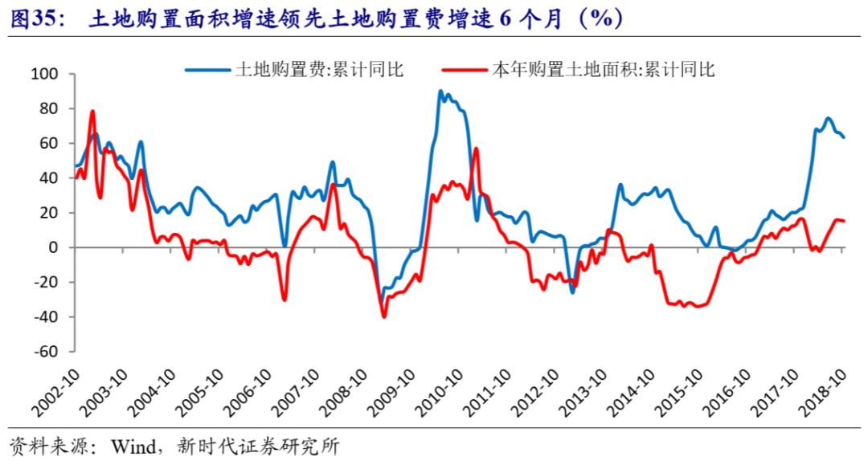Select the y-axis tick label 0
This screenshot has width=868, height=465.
(55, 247)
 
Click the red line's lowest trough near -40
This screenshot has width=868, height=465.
(384, 316)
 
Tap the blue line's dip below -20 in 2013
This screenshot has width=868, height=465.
(573, 292)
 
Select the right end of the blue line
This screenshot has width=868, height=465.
(844, 137)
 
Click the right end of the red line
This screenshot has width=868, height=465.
(844, 221)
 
